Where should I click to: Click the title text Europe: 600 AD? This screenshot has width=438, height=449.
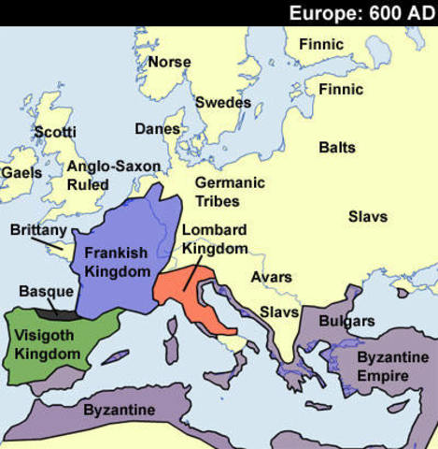click(x=360, y=13)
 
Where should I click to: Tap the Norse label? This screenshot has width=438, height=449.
click(x=169, y=62)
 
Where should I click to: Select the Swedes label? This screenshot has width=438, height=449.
click(x=223, y=102)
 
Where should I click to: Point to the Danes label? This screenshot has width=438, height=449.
click(x=158, y=128)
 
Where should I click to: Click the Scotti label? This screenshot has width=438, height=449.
click(x=55, y=132)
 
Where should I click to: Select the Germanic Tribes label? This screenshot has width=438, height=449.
click(x=230, y=192)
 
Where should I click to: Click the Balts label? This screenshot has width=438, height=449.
click(x=337, y=148)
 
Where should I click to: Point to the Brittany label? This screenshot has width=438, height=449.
click(x=38, y=229)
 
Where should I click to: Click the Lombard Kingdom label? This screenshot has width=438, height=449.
click(x=215, y=239)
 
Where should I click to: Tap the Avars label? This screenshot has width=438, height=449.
click(x=272, y=277)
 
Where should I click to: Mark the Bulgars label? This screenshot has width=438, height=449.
click(x=346, y=321)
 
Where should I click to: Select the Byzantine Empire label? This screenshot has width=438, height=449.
click(x=384, y=367)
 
